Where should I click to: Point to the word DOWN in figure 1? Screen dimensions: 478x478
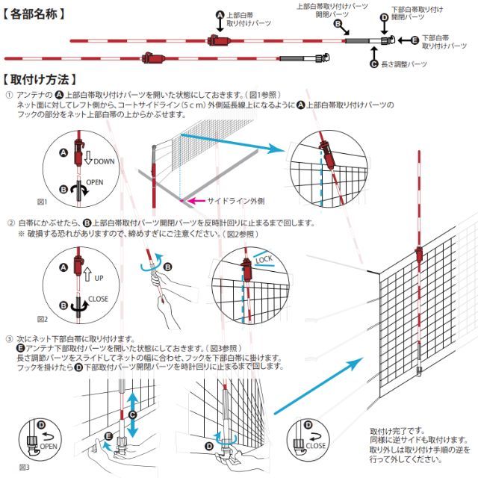point(105,161)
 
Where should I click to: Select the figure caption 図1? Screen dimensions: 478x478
point(43,202)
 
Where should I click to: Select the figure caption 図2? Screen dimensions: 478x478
point(43,319)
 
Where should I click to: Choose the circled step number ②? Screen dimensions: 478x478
point(10,223)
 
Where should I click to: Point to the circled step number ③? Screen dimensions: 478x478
point(10,338)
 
